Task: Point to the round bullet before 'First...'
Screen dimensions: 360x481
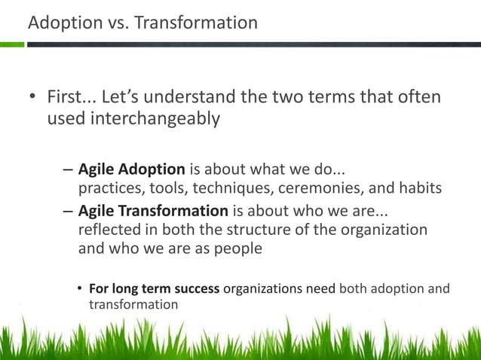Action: [33, 98]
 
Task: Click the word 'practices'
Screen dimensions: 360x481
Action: [109, 188]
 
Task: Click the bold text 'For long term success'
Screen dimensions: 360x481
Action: [154, 288]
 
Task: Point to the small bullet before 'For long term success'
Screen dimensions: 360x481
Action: [80, 289]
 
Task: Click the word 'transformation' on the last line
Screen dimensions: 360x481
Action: [133, 304]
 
